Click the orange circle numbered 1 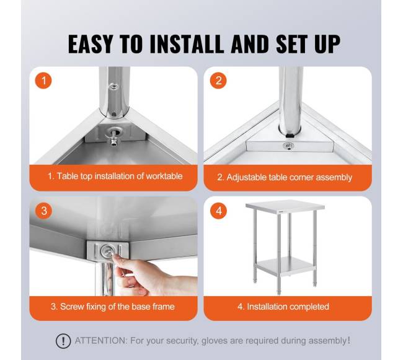43,81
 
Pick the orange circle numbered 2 218,81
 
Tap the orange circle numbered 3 43,211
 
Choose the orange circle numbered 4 219,211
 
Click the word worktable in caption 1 164,176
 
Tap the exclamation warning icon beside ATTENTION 63,341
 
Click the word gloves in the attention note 215,341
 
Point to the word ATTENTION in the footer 101,341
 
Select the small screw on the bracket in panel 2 289,146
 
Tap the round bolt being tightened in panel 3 107,250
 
